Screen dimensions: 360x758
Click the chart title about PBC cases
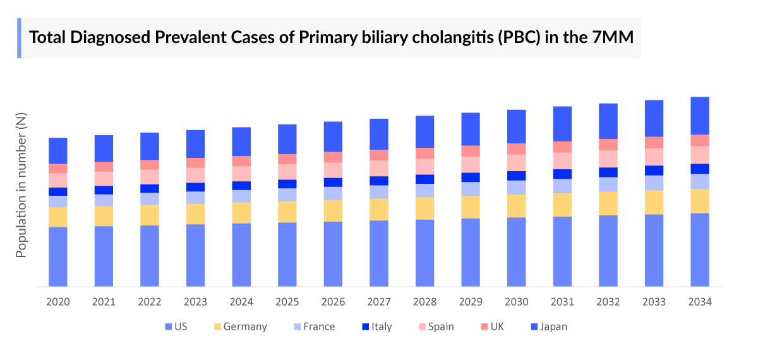tap(332, 38)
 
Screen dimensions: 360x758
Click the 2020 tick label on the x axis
tap(58, 302)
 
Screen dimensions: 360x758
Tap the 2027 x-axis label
tap(379, 302)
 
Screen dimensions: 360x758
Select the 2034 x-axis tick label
tap(700, 302)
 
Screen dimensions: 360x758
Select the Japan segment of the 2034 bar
tap(700, 116)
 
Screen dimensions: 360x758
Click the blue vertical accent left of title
tap(19, 38)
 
